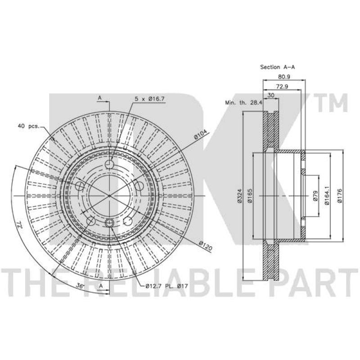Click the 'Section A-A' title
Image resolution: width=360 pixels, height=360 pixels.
tap(277, 67)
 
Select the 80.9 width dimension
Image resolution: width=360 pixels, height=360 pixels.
tap(284, 76)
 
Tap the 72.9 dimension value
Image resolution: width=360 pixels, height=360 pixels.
tap(282, 86)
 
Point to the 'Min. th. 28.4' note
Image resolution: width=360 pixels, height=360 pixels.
tap(243, 103)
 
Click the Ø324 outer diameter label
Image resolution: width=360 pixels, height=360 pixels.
tap(240, 196)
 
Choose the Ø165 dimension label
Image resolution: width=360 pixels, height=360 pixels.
tap(250, 196)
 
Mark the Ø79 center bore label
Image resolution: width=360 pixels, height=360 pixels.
tap(315, 196)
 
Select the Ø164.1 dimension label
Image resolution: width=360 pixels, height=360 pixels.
tap(327, 195)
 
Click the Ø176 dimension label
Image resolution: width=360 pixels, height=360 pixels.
tap(340, 196)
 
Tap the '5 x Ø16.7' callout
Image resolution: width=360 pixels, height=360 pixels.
tap(149, 99)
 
